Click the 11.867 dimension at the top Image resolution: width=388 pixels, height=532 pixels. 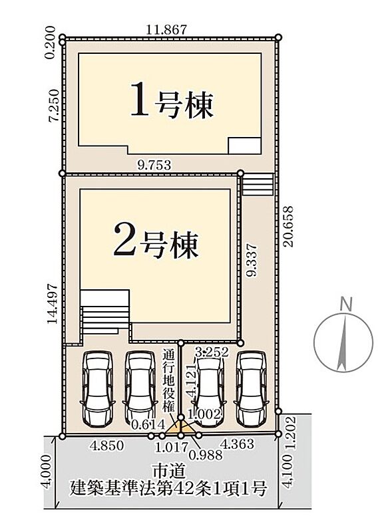166,30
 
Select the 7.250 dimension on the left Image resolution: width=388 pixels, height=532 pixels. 55,106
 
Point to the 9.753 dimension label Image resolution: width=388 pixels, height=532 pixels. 154,166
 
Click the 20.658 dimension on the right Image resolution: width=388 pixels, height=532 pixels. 289,226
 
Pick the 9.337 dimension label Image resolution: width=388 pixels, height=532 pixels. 252,261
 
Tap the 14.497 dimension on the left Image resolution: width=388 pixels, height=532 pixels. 53,304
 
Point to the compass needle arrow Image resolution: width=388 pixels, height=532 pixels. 343,342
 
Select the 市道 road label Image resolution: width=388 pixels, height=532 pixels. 169,472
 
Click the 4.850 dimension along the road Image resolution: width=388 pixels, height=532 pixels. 107,446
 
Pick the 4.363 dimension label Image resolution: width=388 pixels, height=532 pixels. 237,444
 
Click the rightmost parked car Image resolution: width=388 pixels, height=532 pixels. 252,388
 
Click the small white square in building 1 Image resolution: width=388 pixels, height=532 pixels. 244,146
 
